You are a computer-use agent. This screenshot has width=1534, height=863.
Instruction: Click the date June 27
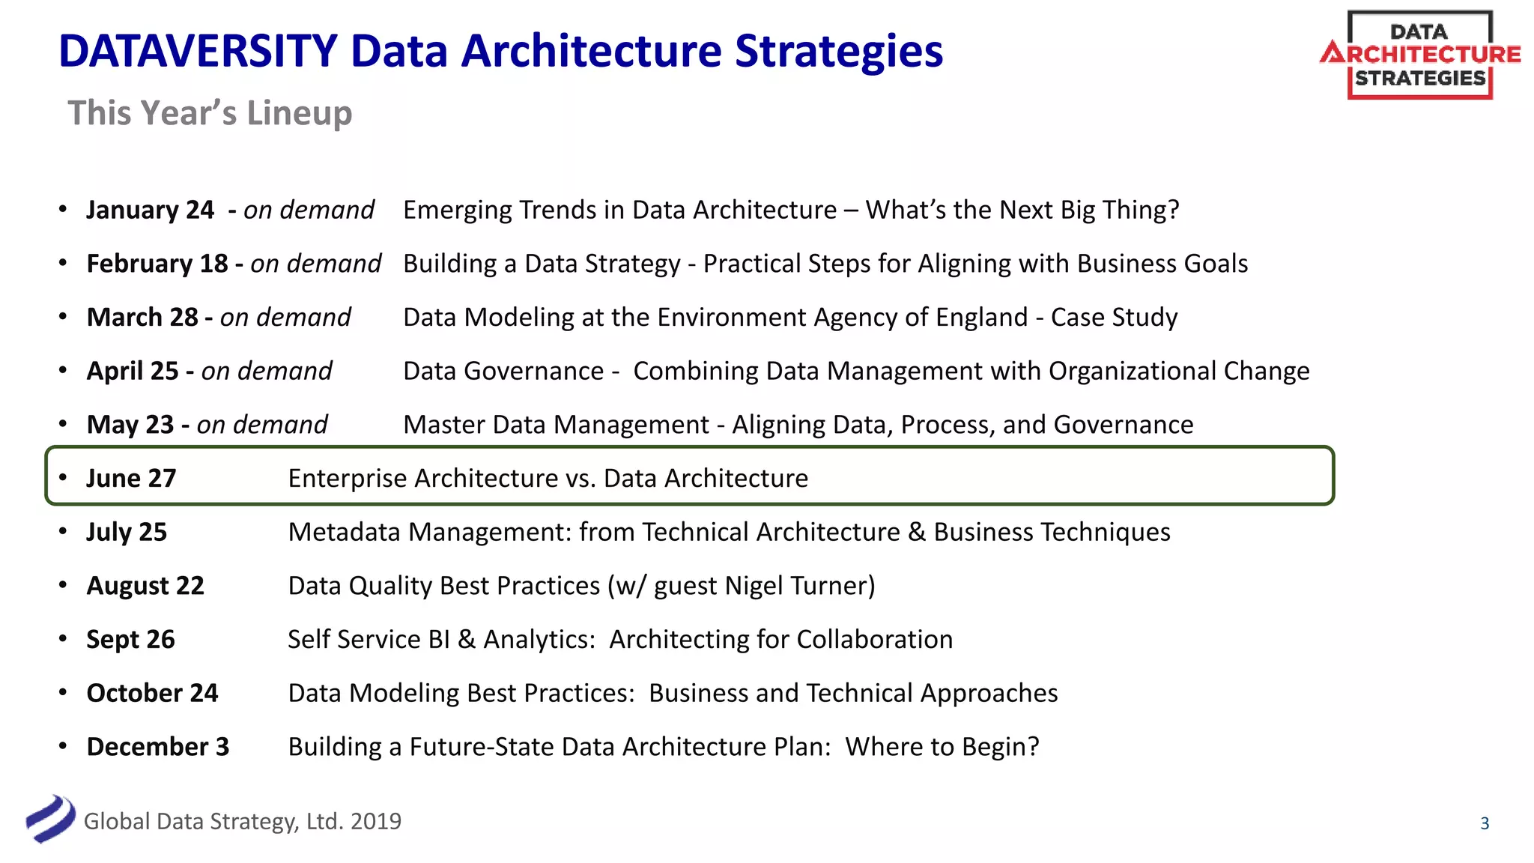click(131, 478)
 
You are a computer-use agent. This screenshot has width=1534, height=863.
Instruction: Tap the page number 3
click(1485, 823)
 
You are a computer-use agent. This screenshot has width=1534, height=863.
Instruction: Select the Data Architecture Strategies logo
click(1420, 55)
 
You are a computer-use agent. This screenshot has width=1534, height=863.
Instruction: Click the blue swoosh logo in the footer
click(50, 819)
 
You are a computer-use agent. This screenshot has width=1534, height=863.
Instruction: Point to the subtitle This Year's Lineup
click(210, 113)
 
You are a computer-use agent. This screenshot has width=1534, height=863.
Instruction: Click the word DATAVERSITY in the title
click(198, 51)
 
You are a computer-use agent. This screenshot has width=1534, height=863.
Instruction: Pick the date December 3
click(158, 747)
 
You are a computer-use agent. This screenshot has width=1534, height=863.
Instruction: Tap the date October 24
click(152, 693)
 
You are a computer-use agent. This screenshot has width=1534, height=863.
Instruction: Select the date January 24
click(150, 210)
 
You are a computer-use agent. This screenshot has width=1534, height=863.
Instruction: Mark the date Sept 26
click(130, 640)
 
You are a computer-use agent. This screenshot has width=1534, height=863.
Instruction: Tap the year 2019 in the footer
click(376, 821)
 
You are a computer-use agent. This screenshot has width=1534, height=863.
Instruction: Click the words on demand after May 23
click(262, 425)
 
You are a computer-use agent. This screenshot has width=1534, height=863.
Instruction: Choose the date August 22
click(145, 586)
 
